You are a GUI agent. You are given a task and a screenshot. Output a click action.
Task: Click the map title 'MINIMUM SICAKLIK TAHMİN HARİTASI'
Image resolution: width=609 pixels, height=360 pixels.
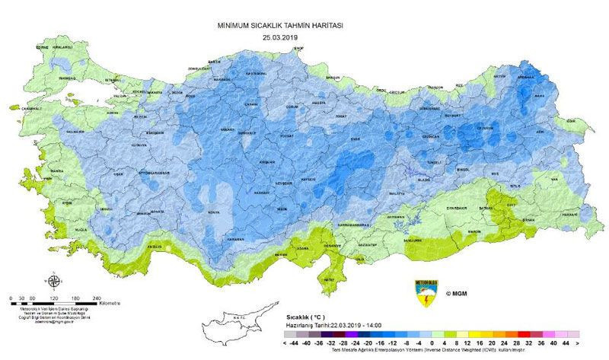click(x=279, y=25)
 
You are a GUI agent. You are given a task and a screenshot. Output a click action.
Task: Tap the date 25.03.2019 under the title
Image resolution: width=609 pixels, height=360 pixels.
click(x=279, y=37)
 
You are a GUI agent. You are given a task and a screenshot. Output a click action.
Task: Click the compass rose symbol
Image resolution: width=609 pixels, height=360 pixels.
click(x=50, y=279)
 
